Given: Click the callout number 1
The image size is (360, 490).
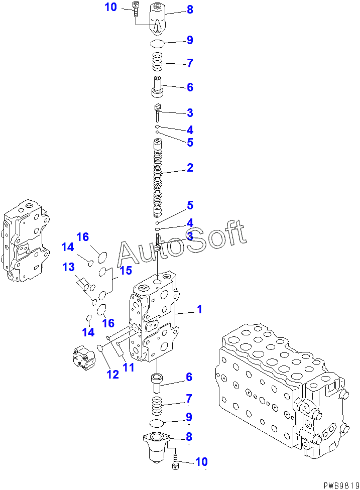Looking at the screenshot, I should pos(199,310).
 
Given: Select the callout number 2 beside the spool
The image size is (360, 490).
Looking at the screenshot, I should pos(190,168).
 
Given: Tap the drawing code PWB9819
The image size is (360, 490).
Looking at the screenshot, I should pos(340,484).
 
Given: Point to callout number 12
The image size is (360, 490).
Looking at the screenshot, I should pos(112,374).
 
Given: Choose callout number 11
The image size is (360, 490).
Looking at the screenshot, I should pos(129,367).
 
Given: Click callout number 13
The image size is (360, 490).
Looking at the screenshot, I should pos(68,267).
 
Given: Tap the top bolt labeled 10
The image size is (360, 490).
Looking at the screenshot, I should pos(137,9).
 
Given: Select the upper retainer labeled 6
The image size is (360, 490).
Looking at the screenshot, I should pos(158,86).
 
